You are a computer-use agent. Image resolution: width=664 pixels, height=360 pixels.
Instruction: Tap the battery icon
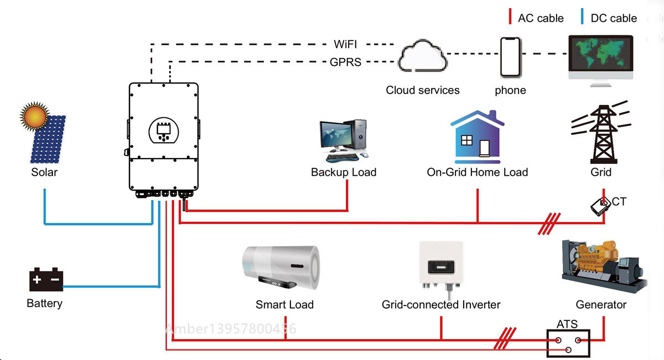(x=46, y=279)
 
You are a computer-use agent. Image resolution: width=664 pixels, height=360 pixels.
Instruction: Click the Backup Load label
(x=344, y=172)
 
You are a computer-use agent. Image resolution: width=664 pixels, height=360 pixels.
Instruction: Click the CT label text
(x=619, y=202)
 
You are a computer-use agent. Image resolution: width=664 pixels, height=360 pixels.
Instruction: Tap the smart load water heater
(x=282, y=268)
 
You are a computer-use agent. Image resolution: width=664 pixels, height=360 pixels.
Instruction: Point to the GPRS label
(x=345, y=62)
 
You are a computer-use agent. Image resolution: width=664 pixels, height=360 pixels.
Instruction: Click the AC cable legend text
(x=541, y=18)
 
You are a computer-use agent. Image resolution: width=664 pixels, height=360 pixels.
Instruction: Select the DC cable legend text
(x=614, y=18)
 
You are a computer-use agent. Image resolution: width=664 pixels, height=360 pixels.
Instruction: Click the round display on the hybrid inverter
(x=164, y=128)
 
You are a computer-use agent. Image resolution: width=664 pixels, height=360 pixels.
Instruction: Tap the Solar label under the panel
(x=44, y=172)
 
